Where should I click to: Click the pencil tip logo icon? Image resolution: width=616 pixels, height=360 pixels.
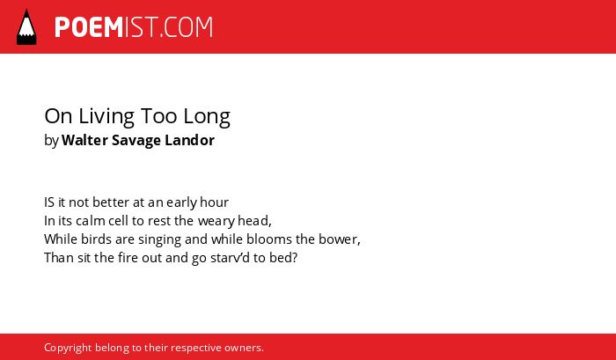(x=26, y=26)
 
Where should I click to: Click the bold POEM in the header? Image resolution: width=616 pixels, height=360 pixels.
(x=89, y=27)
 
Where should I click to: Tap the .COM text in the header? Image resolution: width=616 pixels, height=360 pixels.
(x=187, y=27)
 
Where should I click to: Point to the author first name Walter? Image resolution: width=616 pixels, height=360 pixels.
(x=84, y=140)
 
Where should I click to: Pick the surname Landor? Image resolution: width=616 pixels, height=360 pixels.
(x=190, y=140)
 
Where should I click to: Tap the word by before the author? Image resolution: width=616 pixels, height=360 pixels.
(x=51, y=141)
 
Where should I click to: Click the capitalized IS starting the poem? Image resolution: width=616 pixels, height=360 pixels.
(x=49, y=202)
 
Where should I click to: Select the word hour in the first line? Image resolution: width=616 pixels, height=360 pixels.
(x=214, y=202)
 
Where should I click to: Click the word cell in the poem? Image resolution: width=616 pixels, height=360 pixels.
(x=118, y=221)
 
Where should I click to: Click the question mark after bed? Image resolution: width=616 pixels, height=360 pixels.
(x=295, y=258)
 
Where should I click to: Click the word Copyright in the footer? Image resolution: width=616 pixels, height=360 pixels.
(x=68, y=349)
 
